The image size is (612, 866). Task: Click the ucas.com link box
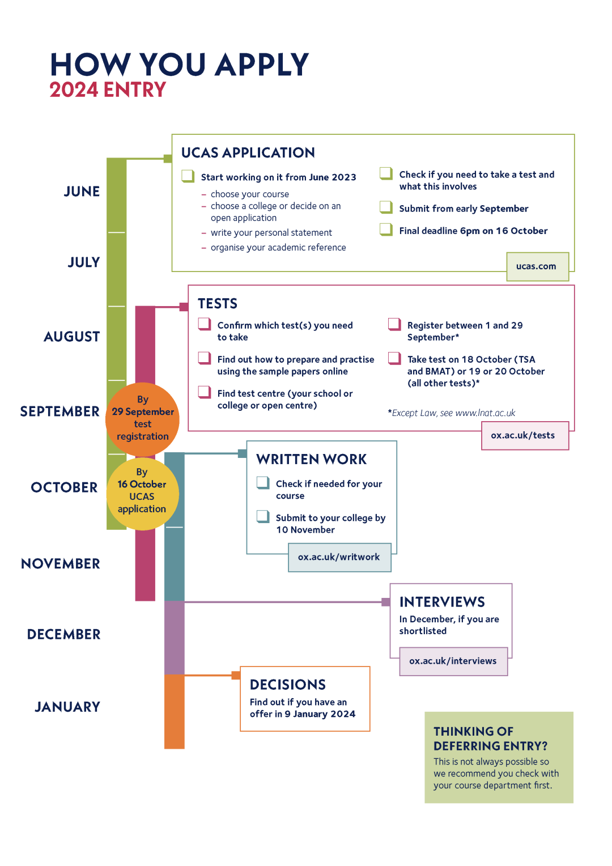[x=537, y=266]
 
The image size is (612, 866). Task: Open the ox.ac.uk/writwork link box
[x=339, y=557]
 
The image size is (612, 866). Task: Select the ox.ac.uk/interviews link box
[x=453, y=661]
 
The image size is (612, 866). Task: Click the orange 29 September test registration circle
[x=143, y=419]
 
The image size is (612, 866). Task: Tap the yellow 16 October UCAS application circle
[x=142, y=492]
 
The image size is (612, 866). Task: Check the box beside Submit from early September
[x=386, y=207]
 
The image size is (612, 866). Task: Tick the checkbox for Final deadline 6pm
[x=386, y=229]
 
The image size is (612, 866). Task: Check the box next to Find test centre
[x=205, y=392]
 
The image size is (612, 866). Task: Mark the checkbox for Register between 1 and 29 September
[x=394, y=324]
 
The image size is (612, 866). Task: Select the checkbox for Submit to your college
[x=263, y=516]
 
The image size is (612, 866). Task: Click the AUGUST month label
[x=72, y=337]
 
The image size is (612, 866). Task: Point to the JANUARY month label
[x=67, y=707]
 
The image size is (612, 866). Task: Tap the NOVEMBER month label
[x=61, y=564]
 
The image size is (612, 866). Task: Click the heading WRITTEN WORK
[x=311, y=460]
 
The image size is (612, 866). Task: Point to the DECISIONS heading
[x=288, y=685]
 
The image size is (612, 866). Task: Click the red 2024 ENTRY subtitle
[x=108, y=90]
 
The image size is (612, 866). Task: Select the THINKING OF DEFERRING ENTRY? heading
[x=490, y=738]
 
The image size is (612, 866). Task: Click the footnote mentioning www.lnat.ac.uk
[x=452, y=413]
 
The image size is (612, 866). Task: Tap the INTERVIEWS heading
[x=442, y=602]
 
